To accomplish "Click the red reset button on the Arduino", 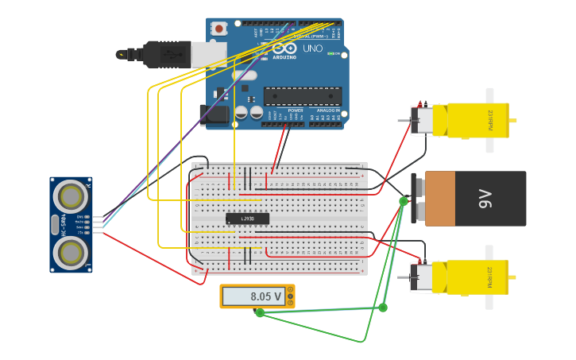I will (219, 29).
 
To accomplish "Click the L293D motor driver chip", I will (247, 219).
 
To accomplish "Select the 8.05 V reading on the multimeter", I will (265, 296).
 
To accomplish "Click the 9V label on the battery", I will (485, 199).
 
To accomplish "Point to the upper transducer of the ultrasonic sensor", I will (71, 195).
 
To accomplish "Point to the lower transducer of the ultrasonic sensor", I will (71, 253).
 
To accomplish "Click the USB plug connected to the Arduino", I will (167, 54).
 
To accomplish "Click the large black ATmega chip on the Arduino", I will (303, 96).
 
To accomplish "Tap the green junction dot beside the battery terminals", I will (404, 201).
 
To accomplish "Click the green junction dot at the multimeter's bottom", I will (260, 312).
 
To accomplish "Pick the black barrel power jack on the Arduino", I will (214, 114).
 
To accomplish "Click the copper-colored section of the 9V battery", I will (439, 199).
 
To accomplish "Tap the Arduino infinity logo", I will (284, 48).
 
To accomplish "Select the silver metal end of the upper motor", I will (422, 120).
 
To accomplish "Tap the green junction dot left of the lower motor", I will (383, 307).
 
